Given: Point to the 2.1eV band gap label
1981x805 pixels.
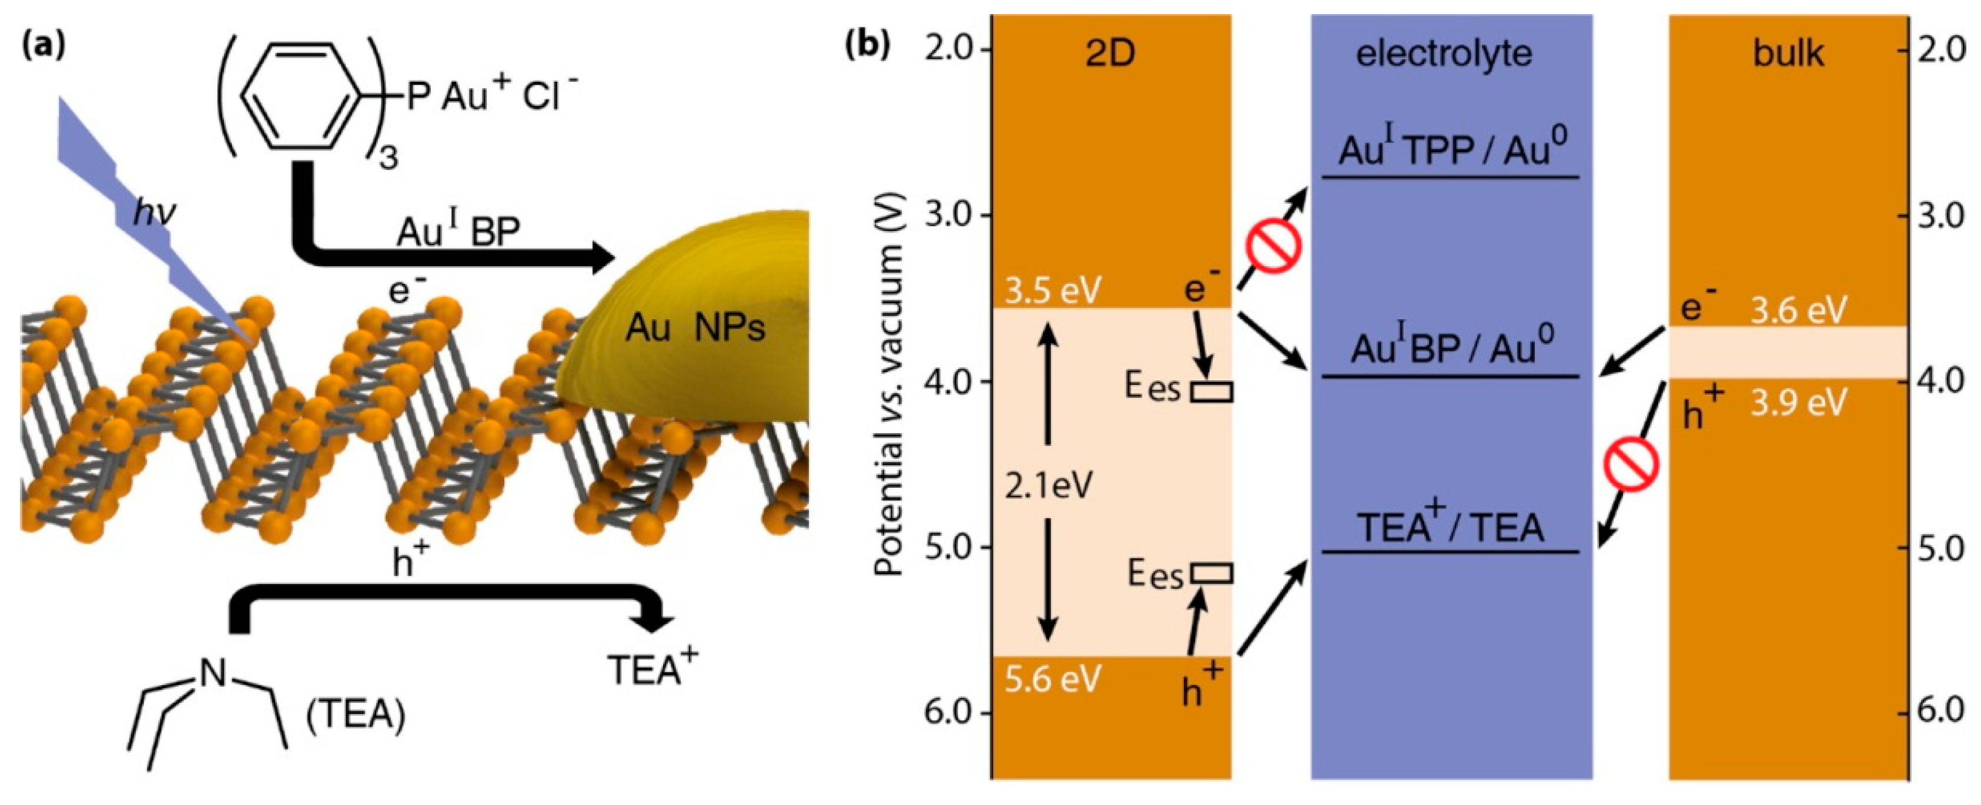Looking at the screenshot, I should point(1048,486).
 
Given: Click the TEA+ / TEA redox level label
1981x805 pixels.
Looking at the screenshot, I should point(1450,528).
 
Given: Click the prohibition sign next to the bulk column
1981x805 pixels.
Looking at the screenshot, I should point(1630,464).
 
